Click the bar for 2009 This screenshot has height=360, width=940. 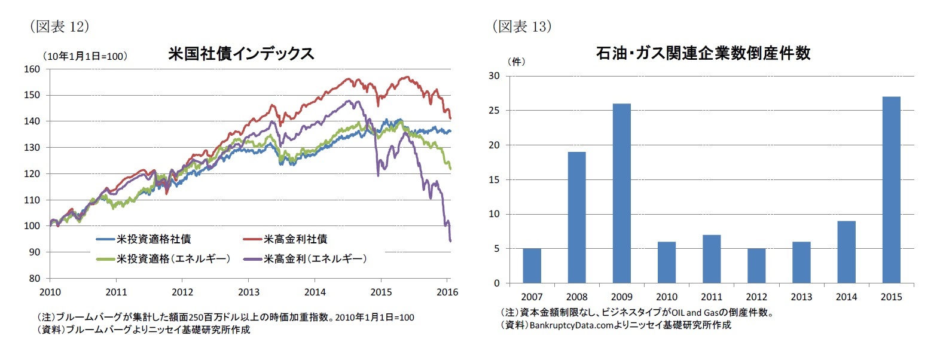click(x=621, y=193)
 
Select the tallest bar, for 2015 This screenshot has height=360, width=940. click(x=891, y=190)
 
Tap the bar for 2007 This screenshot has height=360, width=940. click(x=532, y=266)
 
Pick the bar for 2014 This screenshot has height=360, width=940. click(x=846, y=252)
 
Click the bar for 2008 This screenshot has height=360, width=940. click(x=576, y=217)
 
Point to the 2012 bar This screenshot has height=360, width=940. click(x=756, y=266)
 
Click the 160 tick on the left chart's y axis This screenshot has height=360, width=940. click(x=32, y=69)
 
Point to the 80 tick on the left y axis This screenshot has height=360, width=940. click(x=34, y=278)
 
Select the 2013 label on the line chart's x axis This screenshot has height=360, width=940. click(x=249, y=292)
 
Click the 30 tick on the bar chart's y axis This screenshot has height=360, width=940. click(x=494, y=76)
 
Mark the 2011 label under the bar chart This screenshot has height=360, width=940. click(x=712, y=297)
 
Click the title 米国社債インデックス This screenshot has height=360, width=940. click(x=241, y=54)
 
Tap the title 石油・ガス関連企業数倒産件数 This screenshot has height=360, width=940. click(x=703, y=53)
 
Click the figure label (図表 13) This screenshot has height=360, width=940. click(x=521, y=26)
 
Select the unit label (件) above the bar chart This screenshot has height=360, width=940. click(x=516, y=62)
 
